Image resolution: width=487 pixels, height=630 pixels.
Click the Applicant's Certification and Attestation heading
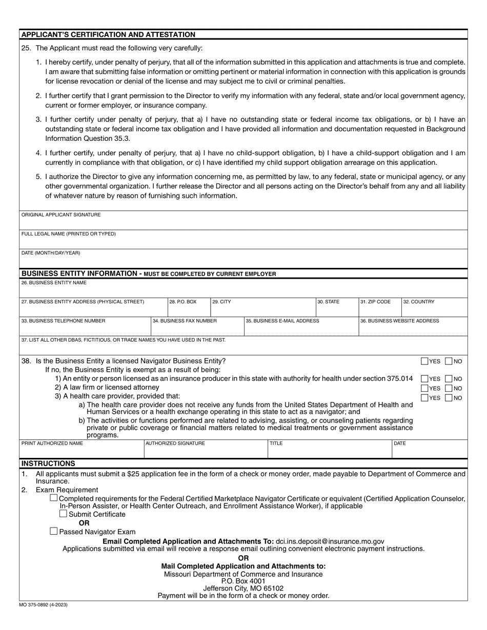(108, 35)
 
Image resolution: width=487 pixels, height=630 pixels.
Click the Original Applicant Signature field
(243, 222)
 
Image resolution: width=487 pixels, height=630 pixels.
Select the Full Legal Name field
(243, 241)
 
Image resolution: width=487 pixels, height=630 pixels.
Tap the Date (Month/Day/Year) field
(243, 260)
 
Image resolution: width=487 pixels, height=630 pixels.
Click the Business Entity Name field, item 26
(243, 289)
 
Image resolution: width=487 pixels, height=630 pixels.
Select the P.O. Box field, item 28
(189, 309)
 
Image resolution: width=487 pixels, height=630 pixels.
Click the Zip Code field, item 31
(379, 309)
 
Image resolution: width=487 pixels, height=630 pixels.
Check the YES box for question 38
(424, 361)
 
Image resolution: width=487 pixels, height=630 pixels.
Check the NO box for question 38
(449, 361)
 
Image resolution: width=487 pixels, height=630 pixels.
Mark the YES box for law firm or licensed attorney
(424, 388)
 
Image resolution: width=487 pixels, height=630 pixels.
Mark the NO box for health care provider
(449, 397)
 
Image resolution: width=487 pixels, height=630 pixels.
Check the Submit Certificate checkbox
(64, 514)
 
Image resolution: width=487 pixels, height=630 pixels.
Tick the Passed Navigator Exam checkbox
(54, 531)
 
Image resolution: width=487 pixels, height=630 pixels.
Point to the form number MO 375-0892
(44, 605)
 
